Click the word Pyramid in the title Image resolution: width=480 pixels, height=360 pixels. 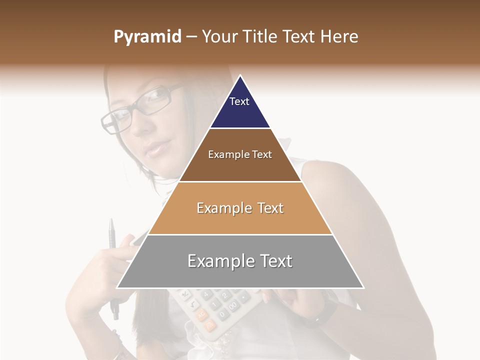tap(147, 37)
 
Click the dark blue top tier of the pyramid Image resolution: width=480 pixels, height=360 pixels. tap(240, 107)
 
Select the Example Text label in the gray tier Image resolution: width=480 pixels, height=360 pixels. tap(240, 261)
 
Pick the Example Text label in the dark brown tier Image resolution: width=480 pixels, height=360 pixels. tap(240, 154)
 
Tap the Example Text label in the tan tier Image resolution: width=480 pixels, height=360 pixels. tap(240, 208)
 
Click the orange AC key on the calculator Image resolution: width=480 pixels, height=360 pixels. tap(201, 314)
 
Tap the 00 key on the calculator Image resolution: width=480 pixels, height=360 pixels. tap(233, 305)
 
